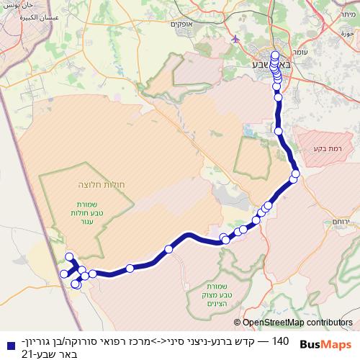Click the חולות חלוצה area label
point(97,185)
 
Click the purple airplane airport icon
point(235,38)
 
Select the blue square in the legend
point(6,341)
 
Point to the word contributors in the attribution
point(331,323)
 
